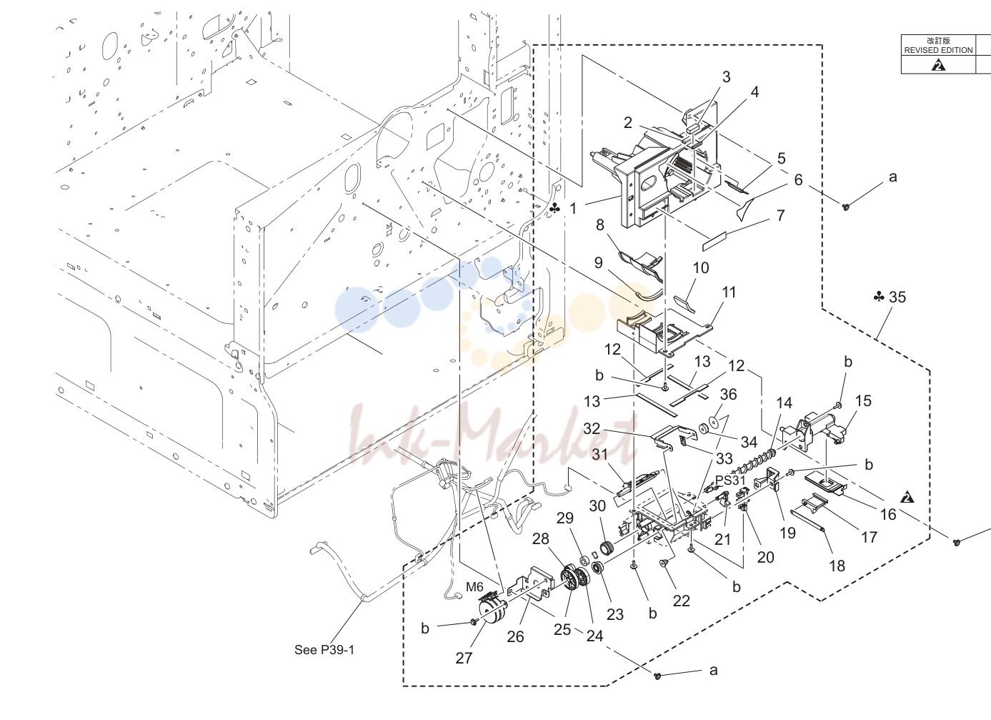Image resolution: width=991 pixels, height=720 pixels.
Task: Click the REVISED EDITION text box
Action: click(938, 46)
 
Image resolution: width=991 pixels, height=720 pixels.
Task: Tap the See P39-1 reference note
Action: click(324, 650)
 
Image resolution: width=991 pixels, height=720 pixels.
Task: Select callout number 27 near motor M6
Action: click(464, 658)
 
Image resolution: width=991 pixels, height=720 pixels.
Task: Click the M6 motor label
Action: click(474, 587)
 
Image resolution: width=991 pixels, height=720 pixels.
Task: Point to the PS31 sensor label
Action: click(730, 480)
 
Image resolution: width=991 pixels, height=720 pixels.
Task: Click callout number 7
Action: click(780, 215)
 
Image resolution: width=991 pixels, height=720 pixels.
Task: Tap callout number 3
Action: click(726, 77)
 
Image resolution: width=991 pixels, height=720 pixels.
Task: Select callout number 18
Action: click(837, 566)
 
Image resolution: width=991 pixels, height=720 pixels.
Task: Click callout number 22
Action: click(682, 601)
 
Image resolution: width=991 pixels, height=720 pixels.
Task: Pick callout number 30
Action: click(597, 506)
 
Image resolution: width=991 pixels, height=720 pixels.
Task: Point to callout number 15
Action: click(863, 400)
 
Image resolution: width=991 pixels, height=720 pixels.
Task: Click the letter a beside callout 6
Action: click(893, 177)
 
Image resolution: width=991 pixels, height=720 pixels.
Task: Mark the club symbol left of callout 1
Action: click(554, 207)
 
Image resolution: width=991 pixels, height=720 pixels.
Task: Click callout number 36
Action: click(728, 394)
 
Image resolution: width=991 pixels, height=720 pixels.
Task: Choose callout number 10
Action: click(701, 267)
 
